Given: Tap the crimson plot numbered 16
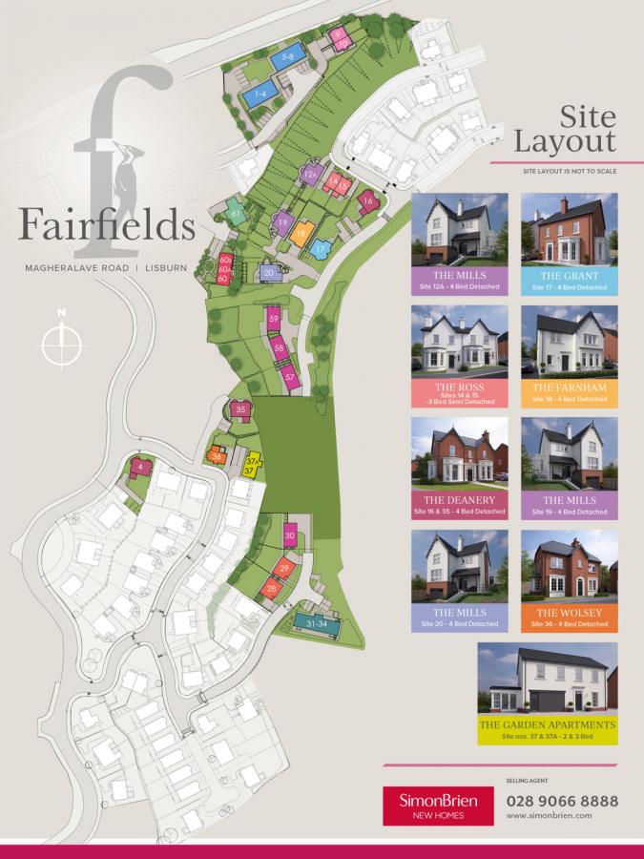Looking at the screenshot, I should (x=367, y=200).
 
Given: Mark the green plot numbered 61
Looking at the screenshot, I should (x=235, y=215).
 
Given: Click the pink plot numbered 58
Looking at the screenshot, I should (x=280, y=349).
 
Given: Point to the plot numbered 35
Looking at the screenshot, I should (x=241, y=409).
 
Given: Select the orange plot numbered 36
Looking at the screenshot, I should (x=218, y=456).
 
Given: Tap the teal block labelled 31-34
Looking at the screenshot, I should (x=317, y=622).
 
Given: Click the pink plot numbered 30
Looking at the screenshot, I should (x=290, y=536).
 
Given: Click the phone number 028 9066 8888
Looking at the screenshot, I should (x=562, y=800).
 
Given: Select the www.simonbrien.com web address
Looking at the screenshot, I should (x=550, y=817).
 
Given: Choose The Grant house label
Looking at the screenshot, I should (x=570, y=279).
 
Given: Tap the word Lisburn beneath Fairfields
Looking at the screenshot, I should (x=173, y=268).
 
